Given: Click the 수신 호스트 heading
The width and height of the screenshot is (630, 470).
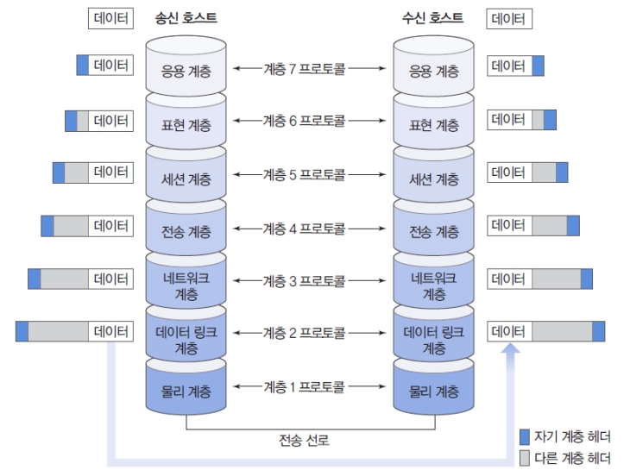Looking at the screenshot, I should click(x=432, y=16).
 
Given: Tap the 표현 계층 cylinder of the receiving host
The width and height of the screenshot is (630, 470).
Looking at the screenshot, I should click(x=433, y=123).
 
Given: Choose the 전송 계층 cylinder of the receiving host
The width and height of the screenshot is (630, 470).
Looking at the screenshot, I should click(x=433, y=231).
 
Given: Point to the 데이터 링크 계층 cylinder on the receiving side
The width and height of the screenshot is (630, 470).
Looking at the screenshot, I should click(x=433, y=339).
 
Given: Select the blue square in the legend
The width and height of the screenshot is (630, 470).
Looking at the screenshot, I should click(x=525, y=436).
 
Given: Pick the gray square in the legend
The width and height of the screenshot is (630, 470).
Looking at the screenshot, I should click(x=525, y=457).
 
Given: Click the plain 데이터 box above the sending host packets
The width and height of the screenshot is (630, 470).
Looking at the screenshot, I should click(x=110, y=17).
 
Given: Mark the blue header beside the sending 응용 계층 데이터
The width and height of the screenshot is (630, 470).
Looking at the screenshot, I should click(x=82, y=65).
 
